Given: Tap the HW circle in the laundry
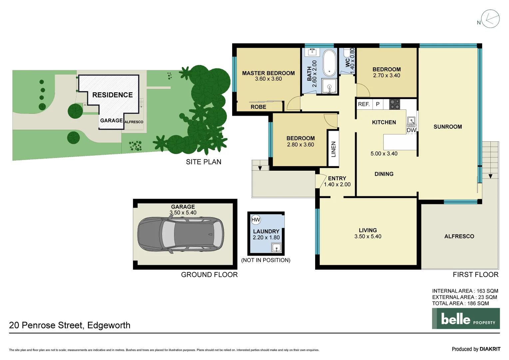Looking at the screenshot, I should (255, 220).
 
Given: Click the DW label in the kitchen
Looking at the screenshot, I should (411, 130).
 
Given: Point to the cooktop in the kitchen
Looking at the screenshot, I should (394, 104).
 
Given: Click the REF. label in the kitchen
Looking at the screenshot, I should (364, 104).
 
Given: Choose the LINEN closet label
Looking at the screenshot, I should (333, 149).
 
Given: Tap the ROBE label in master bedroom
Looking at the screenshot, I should (258, 107).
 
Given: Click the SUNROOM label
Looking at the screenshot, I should (448, 127).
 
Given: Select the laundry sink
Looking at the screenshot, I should (276, 248).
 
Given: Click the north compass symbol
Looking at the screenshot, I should (490, 19).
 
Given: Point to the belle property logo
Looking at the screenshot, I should (466, 319).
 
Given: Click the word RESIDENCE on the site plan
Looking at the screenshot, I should (112, 95).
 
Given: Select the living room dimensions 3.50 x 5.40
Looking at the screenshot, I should (368, 237).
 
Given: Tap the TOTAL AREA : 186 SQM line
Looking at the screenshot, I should (460, 303).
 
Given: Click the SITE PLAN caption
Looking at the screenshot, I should (204, 162).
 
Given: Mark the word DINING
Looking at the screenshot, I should (384, 174).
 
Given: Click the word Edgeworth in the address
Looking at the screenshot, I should (109, 325).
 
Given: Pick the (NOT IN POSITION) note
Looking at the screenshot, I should (265, 260).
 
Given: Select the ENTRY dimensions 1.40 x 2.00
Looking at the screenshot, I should (337, 185).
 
